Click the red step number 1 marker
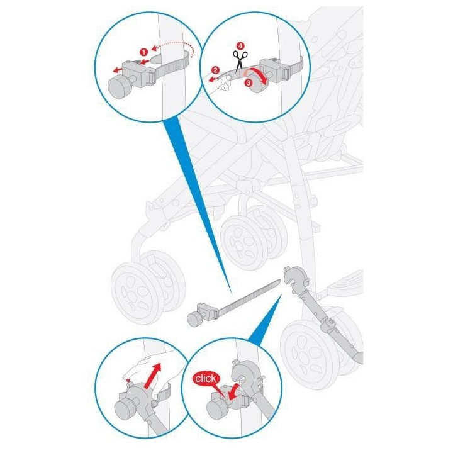click(x=144, y=52)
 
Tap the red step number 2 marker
click(x=215, y=70)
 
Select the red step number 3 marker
click(x=248, y=83)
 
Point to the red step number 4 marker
click(x=240, y=46)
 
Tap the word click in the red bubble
click(x=205, y=379)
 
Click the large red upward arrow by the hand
click(x=152, y=376)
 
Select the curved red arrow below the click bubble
click(x=235, y=392)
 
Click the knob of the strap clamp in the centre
click(x=194, y=318)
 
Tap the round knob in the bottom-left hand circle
click(x=125, y=408)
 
